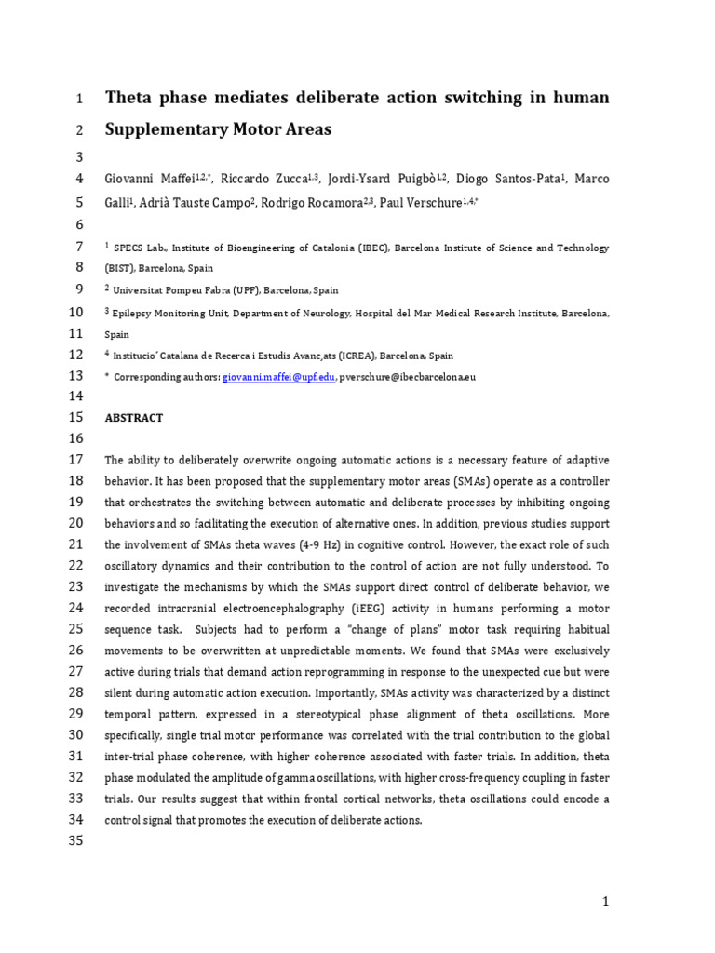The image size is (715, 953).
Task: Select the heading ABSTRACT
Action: [x=134, y=418]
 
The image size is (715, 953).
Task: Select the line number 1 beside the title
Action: [x=79, y=99]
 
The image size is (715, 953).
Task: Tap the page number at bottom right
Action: [x=604, y=901]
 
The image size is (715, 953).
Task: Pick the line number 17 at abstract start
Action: [x=75, y=460]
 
